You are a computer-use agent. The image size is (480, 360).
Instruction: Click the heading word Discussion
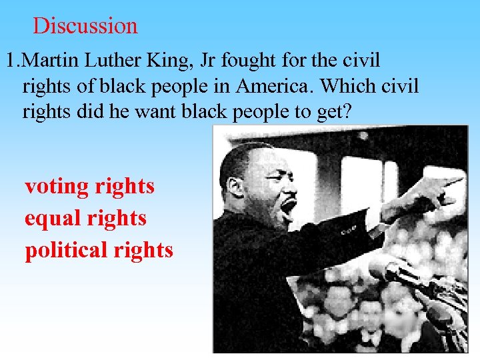click(85, 26)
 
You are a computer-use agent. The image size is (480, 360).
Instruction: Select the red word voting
click(57, 187)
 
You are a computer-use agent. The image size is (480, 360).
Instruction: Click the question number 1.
click(11, 61)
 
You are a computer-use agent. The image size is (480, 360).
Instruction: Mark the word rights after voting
click(125, 187)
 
